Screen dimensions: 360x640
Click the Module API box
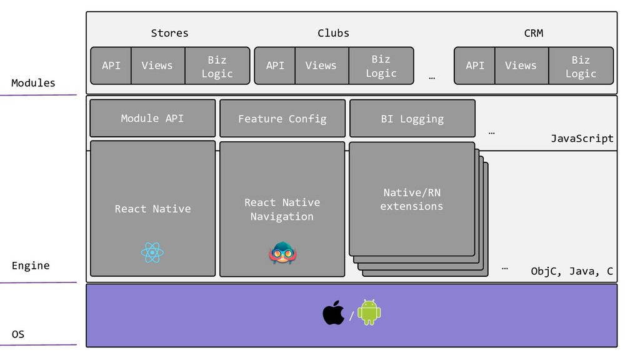[x=152, y=118]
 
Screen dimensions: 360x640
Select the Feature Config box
[x=282, y=119]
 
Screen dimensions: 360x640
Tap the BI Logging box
[x=412, y=119]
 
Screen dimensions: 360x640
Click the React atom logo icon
[x=152, y=253]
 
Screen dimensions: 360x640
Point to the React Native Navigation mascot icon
[x=282, y=252]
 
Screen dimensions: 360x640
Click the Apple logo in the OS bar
[x=333, y=312]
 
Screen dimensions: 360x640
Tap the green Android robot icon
[x=369, y=312]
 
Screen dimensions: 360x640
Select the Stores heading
[x=169, y=33]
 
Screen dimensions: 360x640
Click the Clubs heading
[x=333, y=33]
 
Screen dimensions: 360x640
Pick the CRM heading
[x=533, y=33]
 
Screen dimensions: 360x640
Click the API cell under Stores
[x=111, y=66]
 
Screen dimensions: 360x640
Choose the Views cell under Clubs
[x=321, y=66]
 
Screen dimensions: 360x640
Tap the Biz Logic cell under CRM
[x=581, y=66]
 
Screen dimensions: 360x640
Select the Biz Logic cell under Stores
[x=217, y=66]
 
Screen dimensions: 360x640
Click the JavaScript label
[x=582, y=139]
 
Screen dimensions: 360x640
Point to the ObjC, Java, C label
[x=572, y=271]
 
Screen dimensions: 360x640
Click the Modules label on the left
[x=33, y=83]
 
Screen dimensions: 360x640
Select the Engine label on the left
[x=31, y=266]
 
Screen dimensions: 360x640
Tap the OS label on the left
[x=18, y=334]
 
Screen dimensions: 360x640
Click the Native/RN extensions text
[x=411, y=199]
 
